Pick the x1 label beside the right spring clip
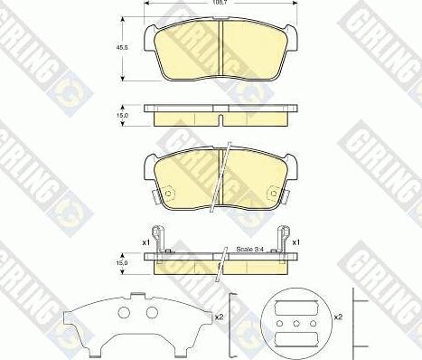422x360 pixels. [x=297, y=243]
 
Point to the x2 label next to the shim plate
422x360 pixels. [x=220, y=317]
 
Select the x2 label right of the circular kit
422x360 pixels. [x=339, y=318]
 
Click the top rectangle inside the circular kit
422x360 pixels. [x=295, y=305]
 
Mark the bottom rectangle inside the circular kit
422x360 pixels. [x=295, y=339]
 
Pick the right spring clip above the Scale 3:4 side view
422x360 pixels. [x=283, y=240]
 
